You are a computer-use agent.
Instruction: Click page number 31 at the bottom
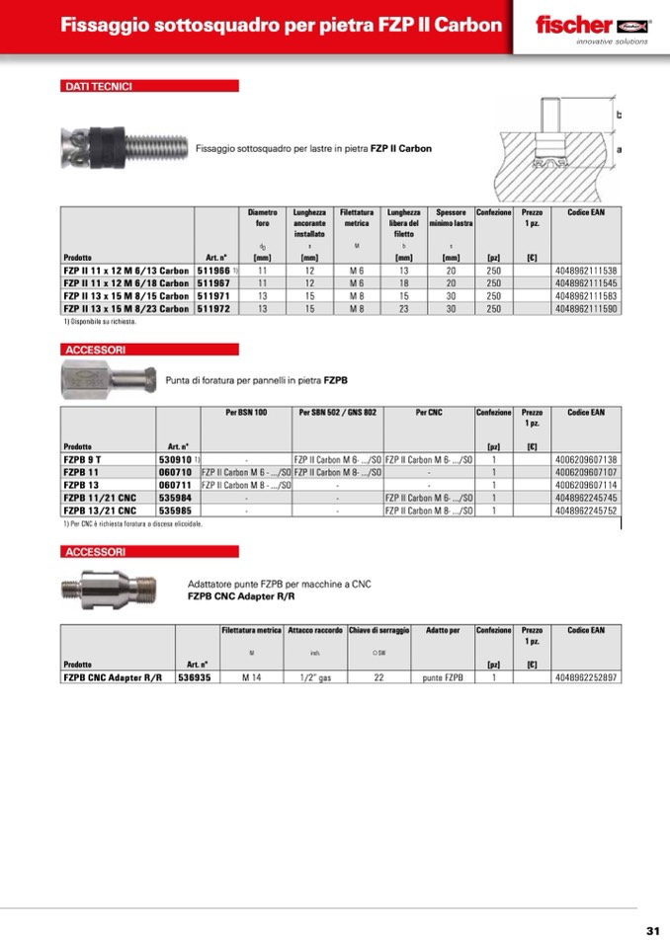pyautogui.click(x=652, y=930)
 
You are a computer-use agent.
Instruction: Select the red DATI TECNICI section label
pyautogui.click(x=149, y=87)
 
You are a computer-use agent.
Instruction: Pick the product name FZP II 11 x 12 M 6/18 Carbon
pyautogui.click(x=126, y=282)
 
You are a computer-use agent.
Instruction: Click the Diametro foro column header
pyautogui.click(x=263, y=218)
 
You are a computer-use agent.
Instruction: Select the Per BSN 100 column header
pyautogui.click(x=246, y=412)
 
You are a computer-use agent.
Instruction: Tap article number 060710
pyautogui.click(x=175, y=473)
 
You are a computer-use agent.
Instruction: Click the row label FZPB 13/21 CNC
pyautogui.click(x=100, y=512)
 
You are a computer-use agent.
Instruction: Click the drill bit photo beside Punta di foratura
pyautogui.click(x=107, y=378)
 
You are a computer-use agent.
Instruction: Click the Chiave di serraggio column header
pyautogui.click(x=378, y=630)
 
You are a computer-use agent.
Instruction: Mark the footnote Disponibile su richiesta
pyautogui.click(x=101, y=322)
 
